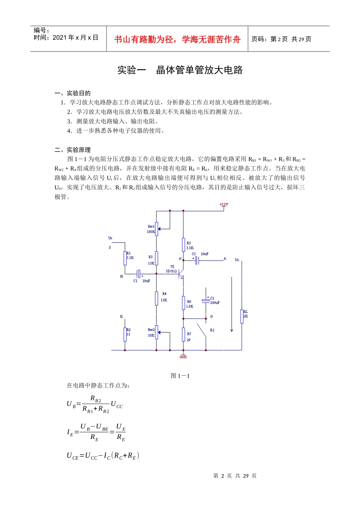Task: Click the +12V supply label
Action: (224, 205)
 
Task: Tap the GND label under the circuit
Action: (183, 357)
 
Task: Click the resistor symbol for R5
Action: (183, 245)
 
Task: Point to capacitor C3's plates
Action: (197, 261)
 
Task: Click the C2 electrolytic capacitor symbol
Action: (206, 301)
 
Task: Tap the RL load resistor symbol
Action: (242, 316)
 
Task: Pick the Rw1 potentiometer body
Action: (157, 229)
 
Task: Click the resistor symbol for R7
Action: (183, 334)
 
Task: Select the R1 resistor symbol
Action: (125, 258)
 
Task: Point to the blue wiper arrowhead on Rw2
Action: (160, 333)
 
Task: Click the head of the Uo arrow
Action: (232, 330)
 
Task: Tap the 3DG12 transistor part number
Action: (171, 271)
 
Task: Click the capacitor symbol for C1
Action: (139, 273)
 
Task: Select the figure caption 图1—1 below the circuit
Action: (180, 376)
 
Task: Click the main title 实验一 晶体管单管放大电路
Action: (180, 70)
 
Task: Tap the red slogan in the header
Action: (177, 39)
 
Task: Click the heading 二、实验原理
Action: (73, 150)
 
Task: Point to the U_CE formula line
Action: (103, 456)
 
